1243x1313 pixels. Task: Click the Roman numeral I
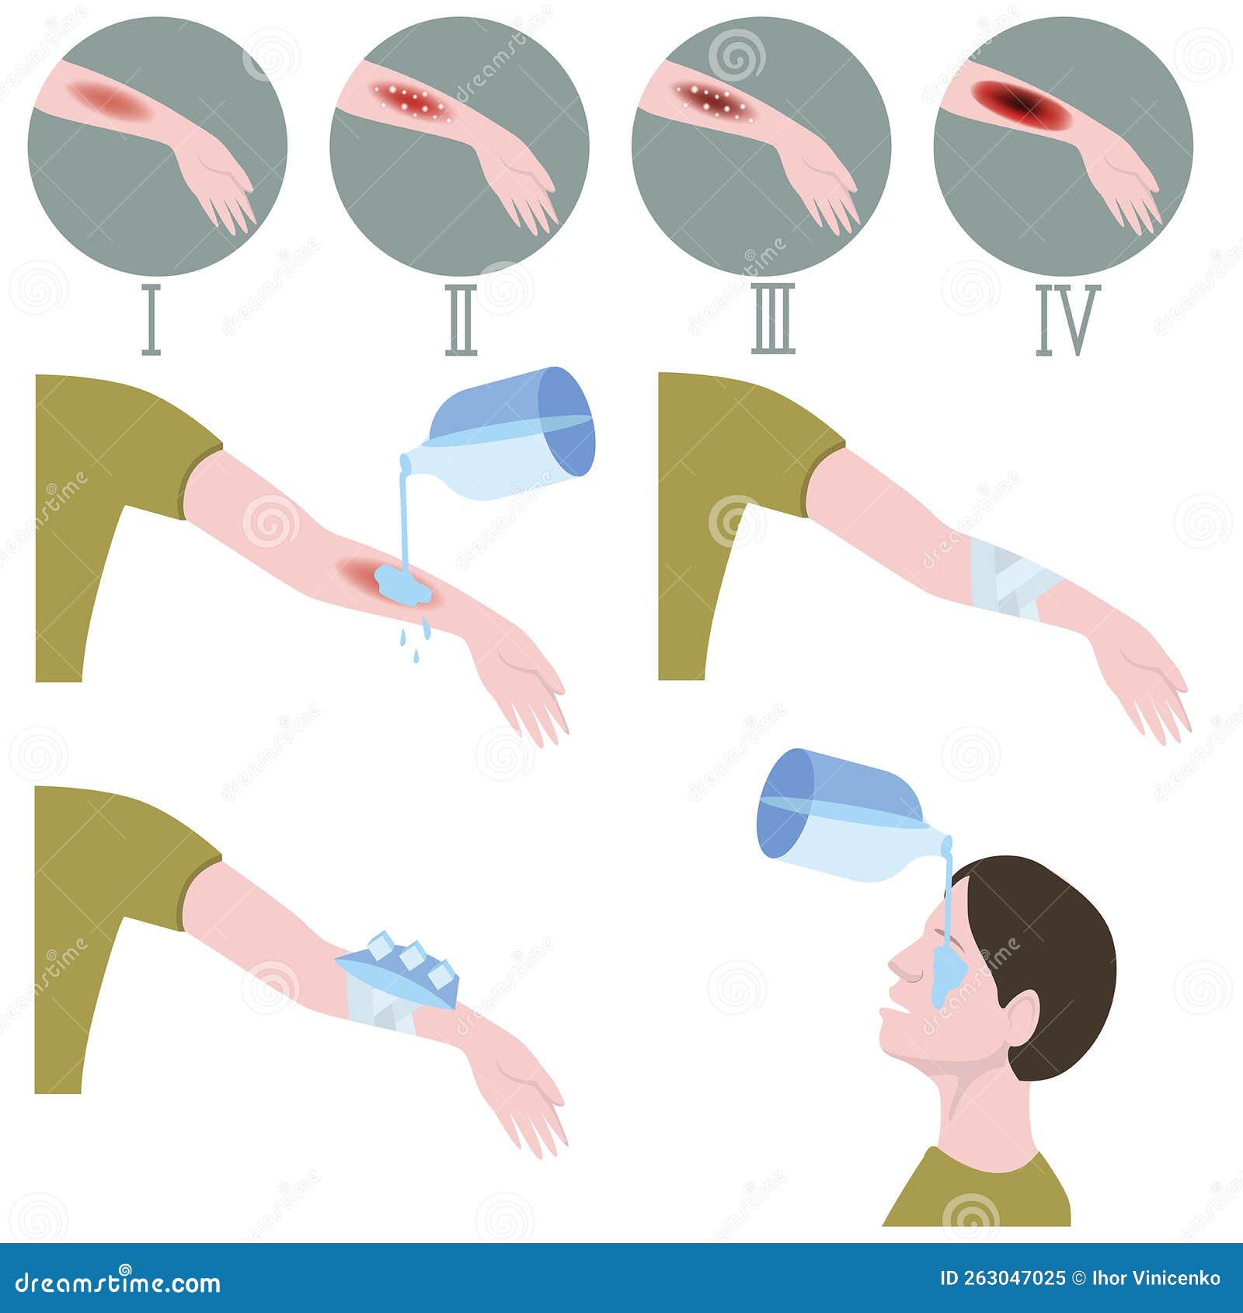(x=151, y=319)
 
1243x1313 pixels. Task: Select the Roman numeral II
(x=461, y=319)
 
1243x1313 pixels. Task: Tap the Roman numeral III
(x=773, y=319)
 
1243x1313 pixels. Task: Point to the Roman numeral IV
(x=1068, y=319)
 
